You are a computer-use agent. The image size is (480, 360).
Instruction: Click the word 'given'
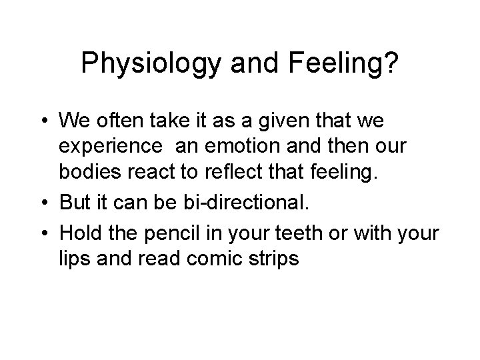point(299,123)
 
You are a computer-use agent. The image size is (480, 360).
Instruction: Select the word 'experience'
point(111,146)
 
